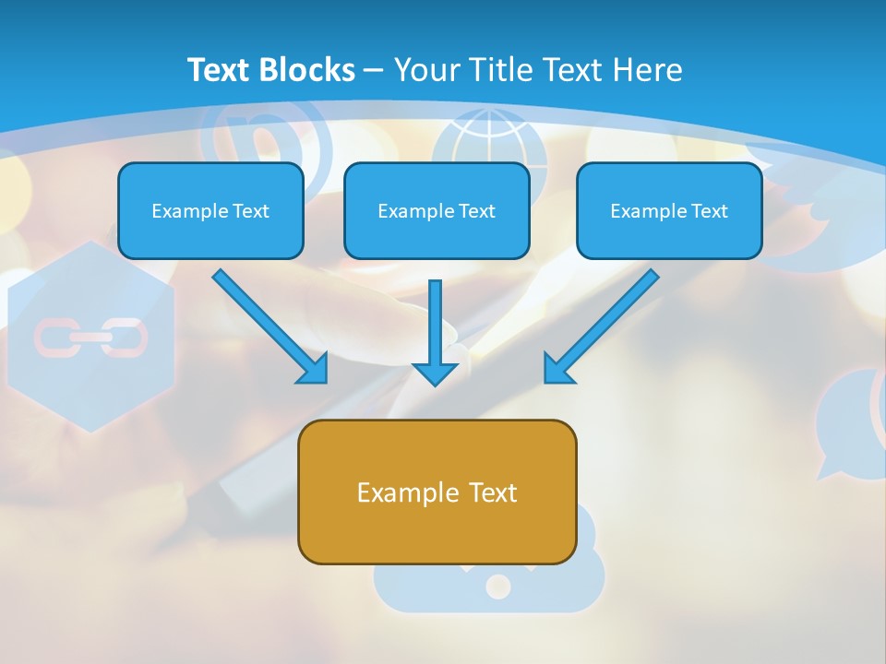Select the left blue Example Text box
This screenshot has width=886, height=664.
[x=210, y=211]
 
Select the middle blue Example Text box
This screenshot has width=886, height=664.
[x=437, y=211]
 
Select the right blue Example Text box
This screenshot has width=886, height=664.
[x=669, y=211]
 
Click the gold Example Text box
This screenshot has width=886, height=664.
[x=437, y=492]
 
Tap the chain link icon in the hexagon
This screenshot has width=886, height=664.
[x=90, y=338]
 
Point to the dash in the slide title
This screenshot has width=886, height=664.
[x=374, y=71]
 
